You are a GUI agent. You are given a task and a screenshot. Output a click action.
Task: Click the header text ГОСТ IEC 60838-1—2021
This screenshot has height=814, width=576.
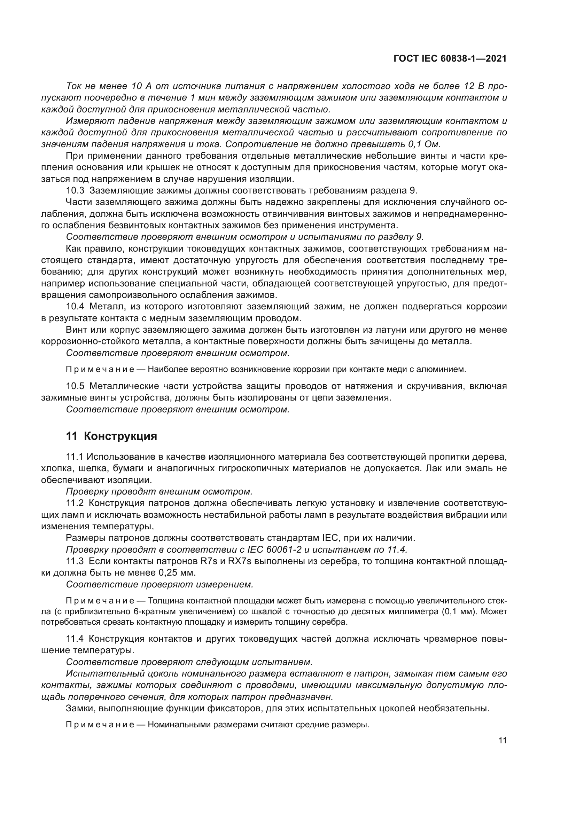[x=450, y=59]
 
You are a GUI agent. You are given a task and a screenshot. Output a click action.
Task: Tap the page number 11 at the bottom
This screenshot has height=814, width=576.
[x=502, y=741]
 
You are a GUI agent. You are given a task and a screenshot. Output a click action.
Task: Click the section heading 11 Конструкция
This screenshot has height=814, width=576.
[x=111, y=436]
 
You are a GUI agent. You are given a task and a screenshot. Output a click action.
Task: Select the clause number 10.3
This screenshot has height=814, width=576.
[x=75, y=190]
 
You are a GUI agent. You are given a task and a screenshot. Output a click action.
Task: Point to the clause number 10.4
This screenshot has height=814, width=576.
[x=75, y=306]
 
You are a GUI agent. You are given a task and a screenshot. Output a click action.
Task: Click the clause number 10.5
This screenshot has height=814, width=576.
[x=75, y=386]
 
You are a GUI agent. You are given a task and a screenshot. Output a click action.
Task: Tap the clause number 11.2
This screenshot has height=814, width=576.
[x=75, y=503]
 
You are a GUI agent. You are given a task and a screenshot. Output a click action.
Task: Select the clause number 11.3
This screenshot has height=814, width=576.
[x=75, y=561]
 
